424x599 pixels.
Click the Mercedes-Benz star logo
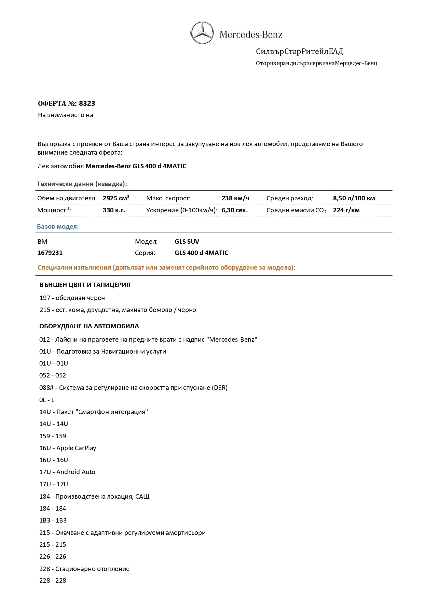202,32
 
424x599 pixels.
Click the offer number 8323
87,103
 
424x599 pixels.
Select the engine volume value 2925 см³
116,198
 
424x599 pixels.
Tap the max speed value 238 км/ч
235,198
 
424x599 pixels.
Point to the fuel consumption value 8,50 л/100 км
354,198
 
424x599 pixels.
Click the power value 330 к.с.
114,210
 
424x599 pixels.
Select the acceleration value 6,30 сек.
234,210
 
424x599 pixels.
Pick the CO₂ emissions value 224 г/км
346,210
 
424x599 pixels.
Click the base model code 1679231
50,253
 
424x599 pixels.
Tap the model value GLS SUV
187,241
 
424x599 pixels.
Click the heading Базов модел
58,226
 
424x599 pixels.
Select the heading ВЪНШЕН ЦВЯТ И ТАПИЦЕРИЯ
85,285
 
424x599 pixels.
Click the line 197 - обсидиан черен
72,298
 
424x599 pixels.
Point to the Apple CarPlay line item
68,448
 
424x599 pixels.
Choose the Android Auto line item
67,472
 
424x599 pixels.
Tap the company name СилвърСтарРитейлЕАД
299,52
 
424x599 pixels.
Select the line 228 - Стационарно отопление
84,569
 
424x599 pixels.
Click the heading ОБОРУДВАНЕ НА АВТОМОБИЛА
89,326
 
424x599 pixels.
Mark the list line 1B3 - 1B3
53,520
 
